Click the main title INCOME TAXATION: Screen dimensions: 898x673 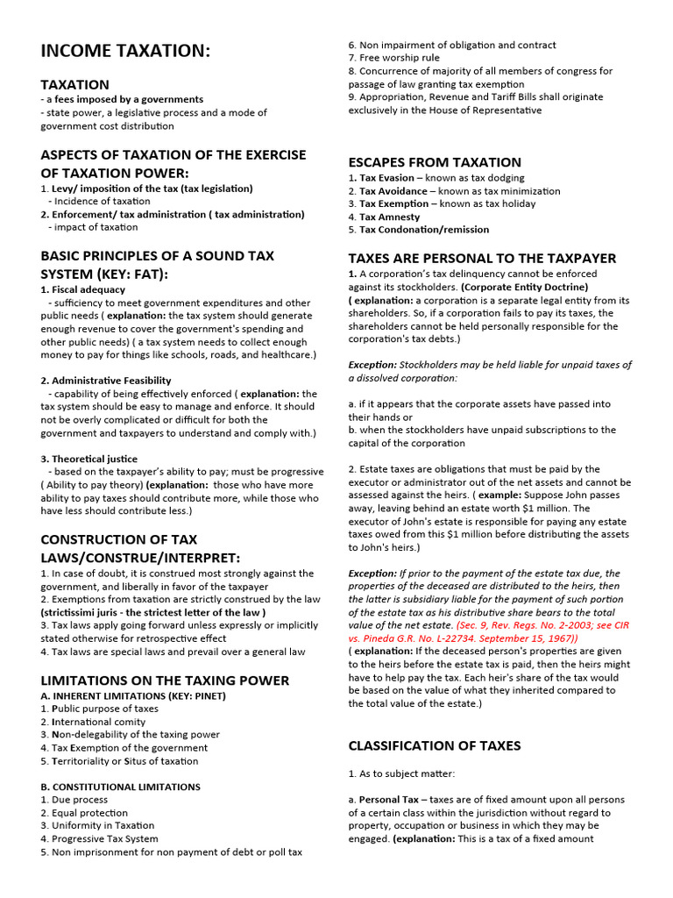tap(125, 52)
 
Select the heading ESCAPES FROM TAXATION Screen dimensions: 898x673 tap(435, 162)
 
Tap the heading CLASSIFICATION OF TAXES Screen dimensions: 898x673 tap(435, 745)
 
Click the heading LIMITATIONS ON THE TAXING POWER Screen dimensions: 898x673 tap(165, 681)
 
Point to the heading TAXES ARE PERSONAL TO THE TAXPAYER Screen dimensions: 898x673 tap(482, 259)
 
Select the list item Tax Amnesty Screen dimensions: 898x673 tap(389, 217)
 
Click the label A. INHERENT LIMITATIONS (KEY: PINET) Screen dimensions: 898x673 tap(133, 695)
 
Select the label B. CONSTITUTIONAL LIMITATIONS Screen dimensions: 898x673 tap(120, 787)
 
